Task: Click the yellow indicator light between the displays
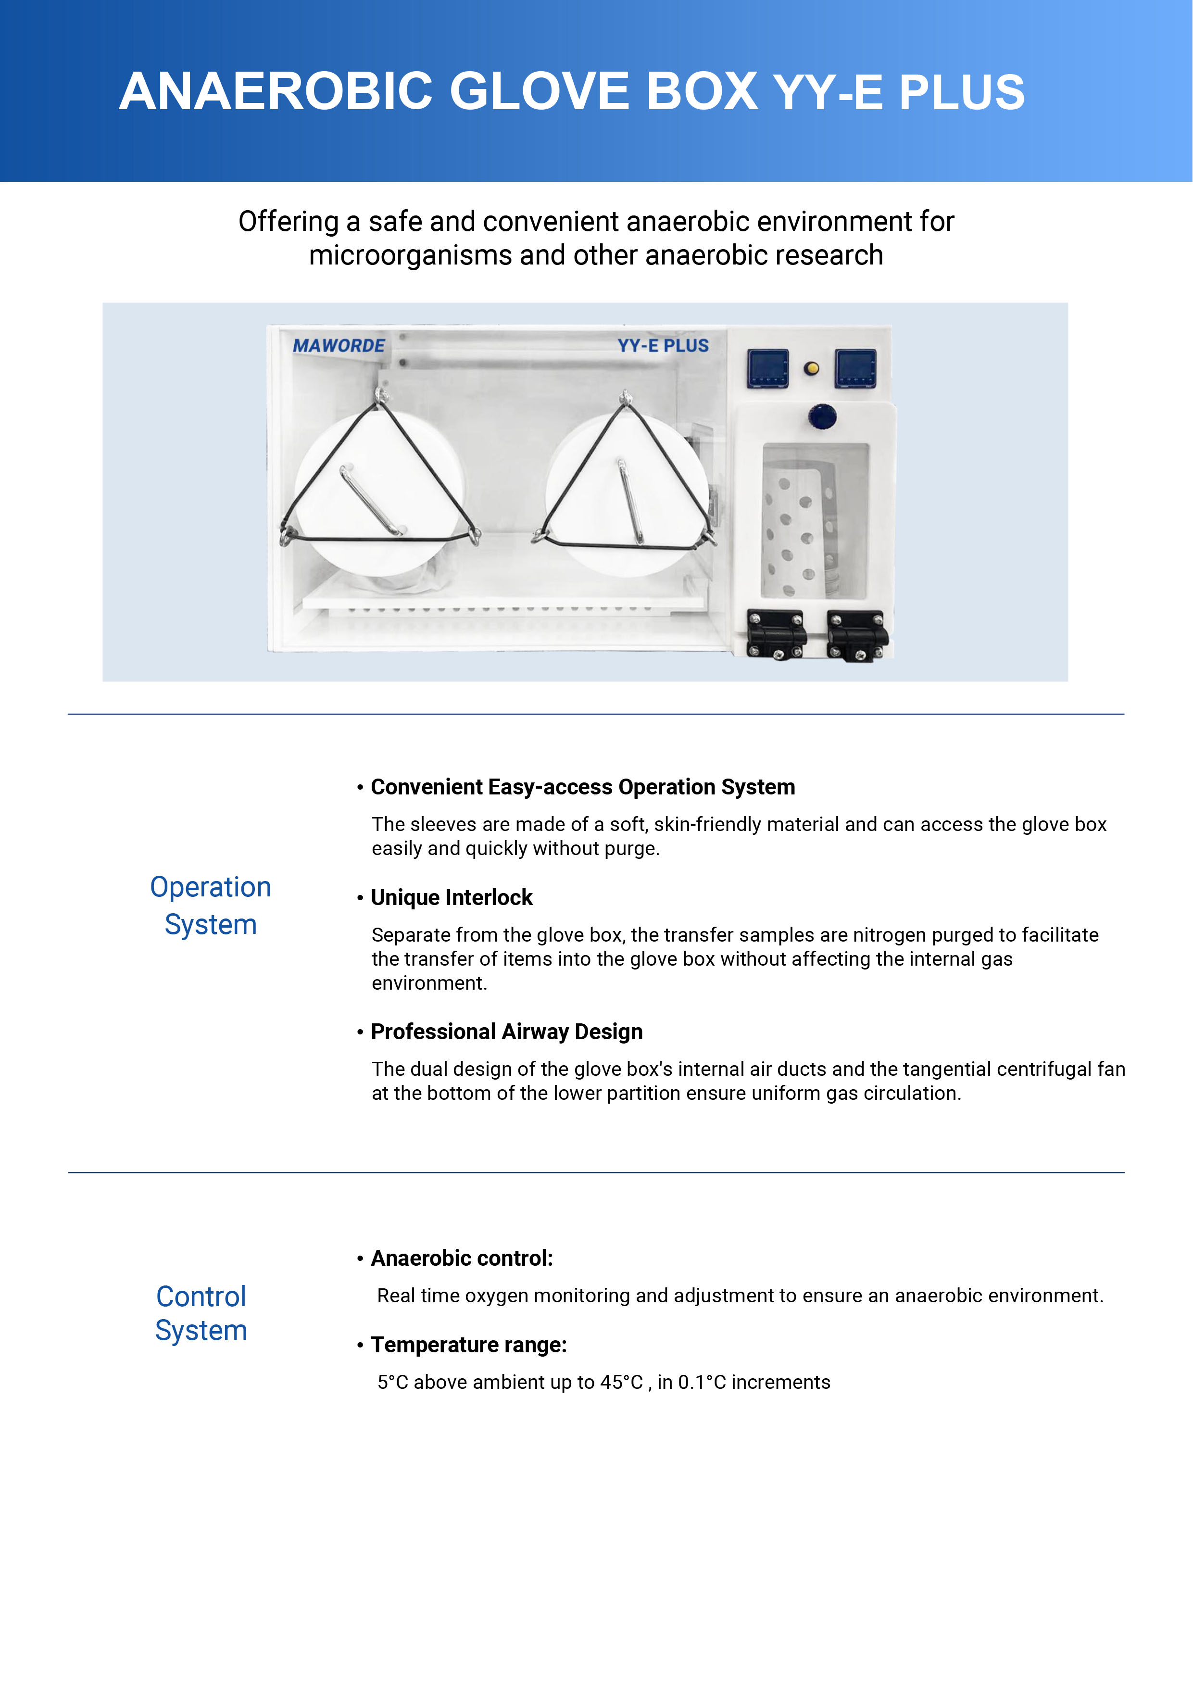(812, 368)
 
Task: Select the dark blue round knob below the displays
(822, 416)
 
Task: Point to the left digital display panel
(767, 368)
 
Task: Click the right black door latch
(856, 635)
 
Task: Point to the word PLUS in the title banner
(962, 93)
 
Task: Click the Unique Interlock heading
(451, 897)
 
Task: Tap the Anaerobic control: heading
(461, 1258)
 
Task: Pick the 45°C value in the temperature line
(621, 1382)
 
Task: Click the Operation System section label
(211, 905)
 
